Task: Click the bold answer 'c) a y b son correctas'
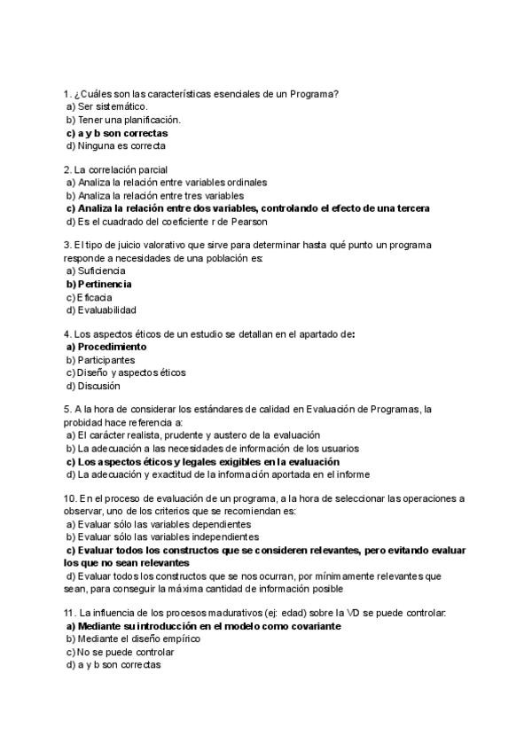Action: pyautogui.click(x=117, y=133)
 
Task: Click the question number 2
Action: pyautogui.click(x=66, y=169)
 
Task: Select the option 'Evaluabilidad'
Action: pyautogui.click(x=106, y=310)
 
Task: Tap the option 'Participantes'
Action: pyautogui.click(x=106, y=360)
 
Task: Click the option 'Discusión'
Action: pyautogui.click(x=98, y=386)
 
